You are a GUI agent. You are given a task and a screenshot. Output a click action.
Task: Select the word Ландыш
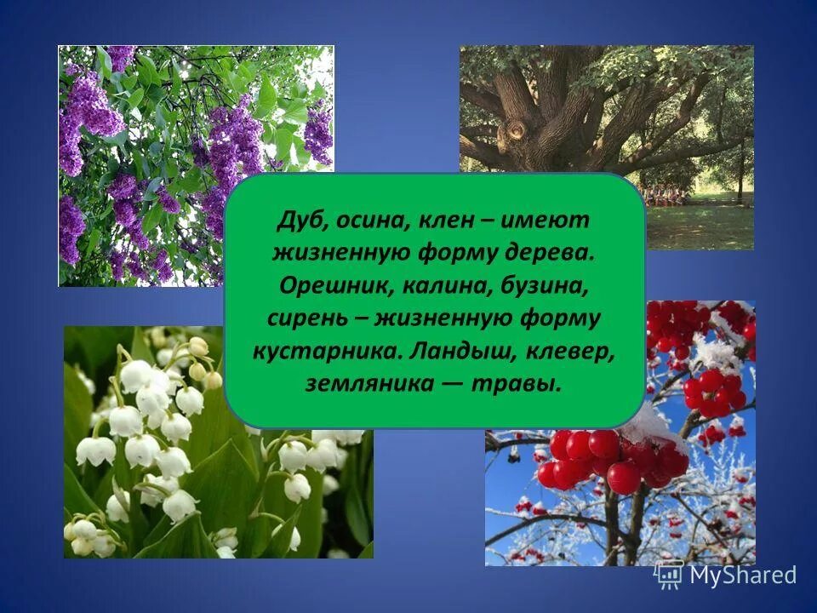[448, 352]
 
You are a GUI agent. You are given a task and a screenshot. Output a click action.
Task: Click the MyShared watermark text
[742, 576]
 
